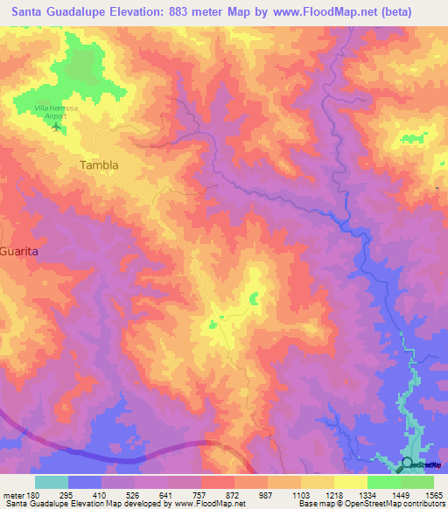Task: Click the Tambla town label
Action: pyautogui.click(x=99, y=164)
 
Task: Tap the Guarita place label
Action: pyautogui.click(x=20, y=250)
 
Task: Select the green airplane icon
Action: pyautogui.click(x=58, y=128)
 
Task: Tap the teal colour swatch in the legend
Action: pyautogui.click(x=52, y=482)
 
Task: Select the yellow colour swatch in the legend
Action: pyautogui.click(x=350, y=482)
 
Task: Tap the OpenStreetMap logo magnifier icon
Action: pyautogui.click(x=407, y=464)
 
